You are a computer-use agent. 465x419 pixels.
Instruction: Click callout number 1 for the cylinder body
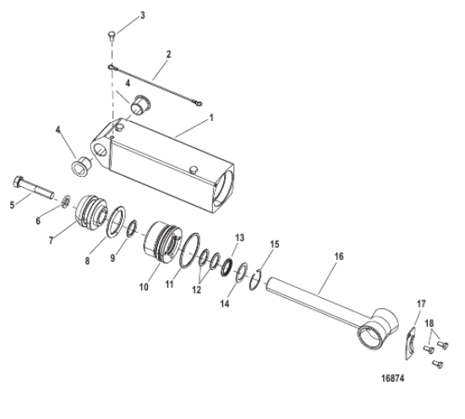pos(211,119)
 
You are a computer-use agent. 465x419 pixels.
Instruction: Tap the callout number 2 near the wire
pos(168,55)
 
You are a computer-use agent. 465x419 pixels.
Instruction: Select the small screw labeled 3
pos(112,36)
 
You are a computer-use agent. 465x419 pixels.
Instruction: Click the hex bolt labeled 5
pos(34,187)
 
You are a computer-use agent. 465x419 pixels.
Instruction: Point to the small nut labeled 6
pos(66,201)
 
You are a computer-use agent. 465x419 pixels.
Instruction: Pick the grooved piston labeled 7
pos(91,212)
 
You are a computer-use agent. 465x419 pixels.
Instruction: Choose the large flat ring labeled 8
pos(116,222)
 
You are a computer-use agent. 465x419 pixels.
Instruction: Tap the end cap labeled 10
pos(163,242)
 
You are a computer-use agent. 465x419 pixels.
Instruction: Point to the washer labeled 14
pos(242,273)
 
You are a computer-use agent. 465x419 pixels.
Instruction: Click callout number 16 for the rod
pos(339,256)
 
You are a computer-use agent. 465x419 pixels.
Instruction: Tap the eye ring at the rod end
pos(370,339)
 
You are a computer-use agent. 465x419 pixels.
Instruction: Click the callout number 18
pos(429,323)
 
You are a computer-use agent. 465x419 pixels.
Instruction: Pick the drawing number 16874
pos(392,378)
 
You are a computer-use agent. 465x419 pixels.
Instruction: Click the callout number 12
pos(197,289)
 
